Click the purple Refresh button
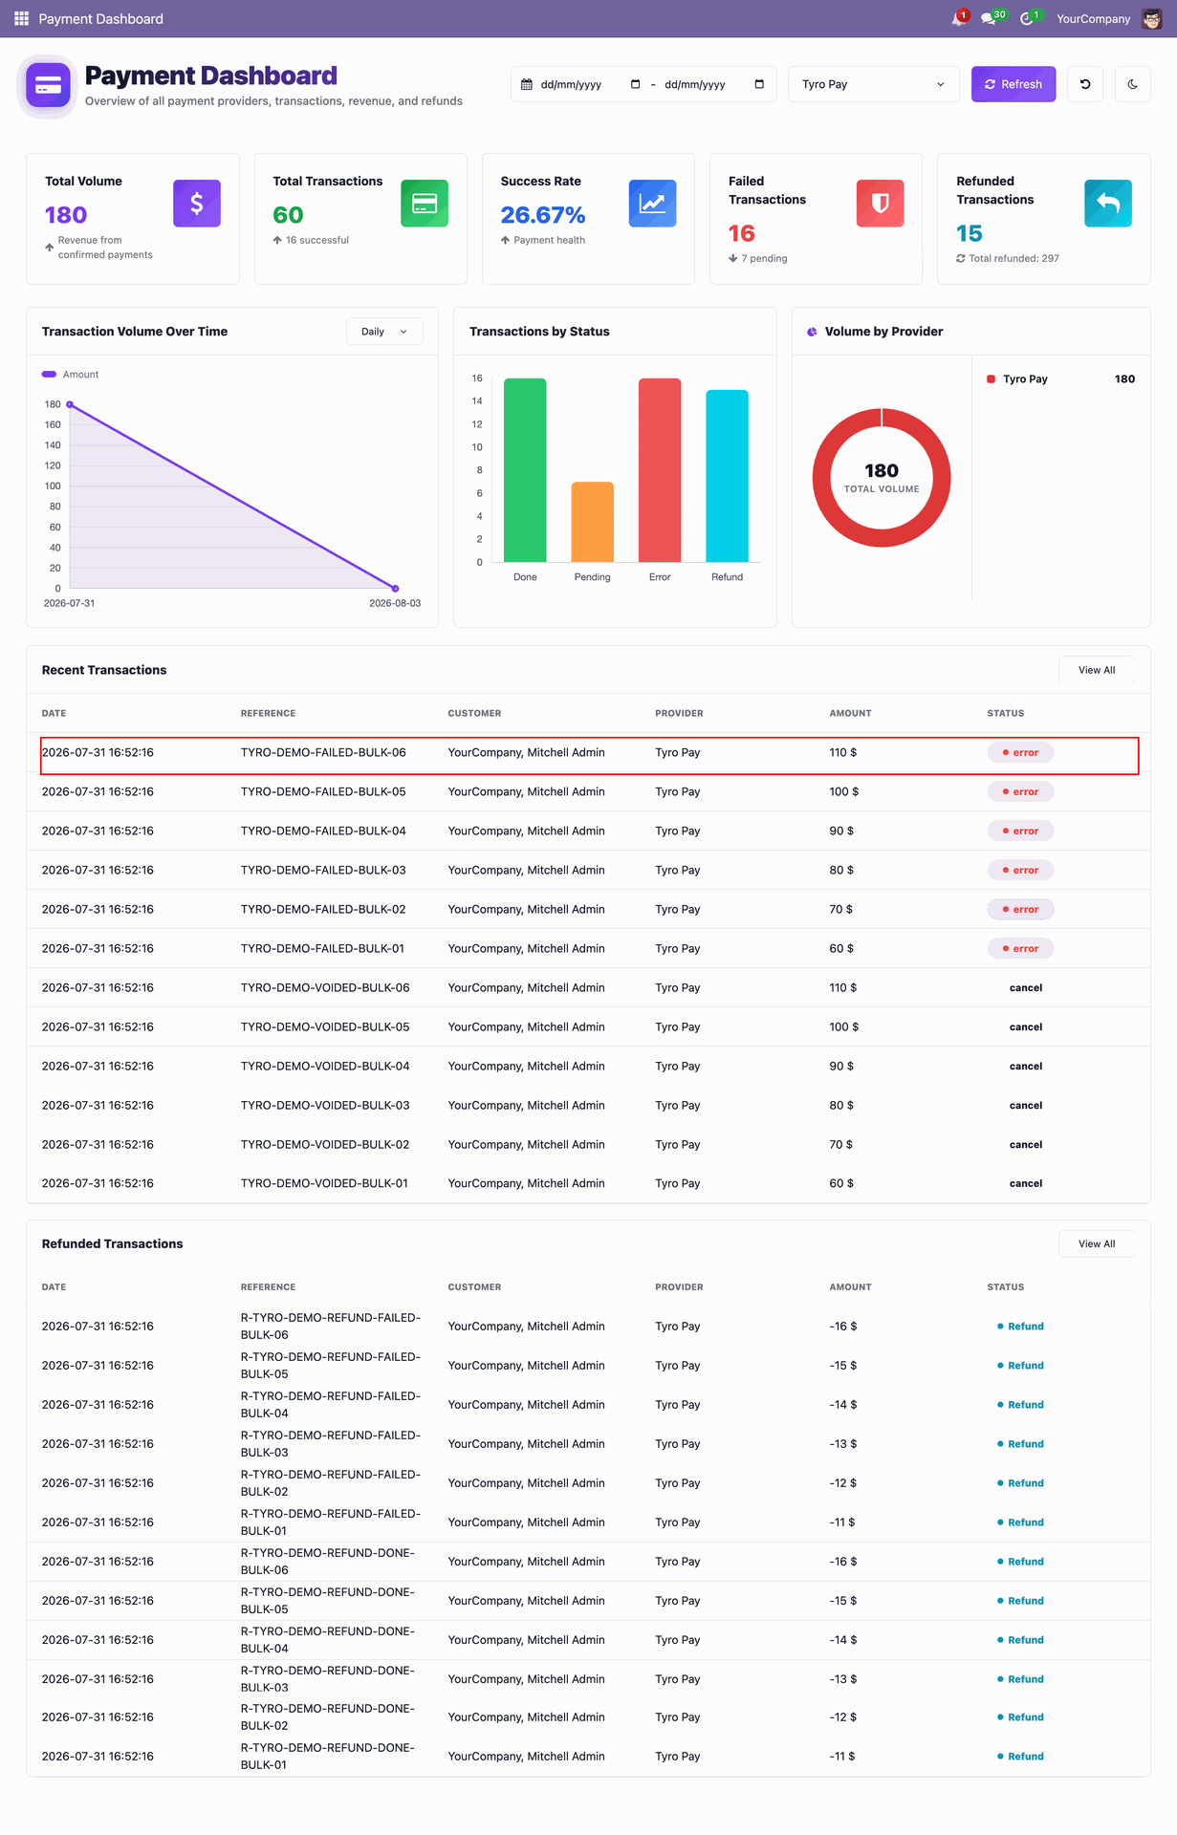click(x=1014, y=84)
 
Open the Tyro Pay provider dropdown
click(x=873, y=84)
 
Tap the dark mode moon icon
click(x=1132, y=84)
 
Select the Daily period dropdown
click(x=384, y=332)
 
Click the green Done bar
click(x=525, y=470)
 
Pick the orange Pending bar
click(x=593, y=522)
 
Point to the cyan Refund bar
click(x=727, y=476)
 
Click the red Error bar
click(x=660, y=470)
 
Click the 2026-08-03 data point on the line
click(x=396, y=589)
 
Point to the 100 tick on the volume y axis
click(x=53, y=486)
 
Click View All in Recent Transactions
click(x=1097, y=670)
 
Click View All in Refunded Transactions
click(x=1097, y=1243)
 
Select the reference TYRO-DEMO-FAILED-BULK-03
click(x=323, y=870)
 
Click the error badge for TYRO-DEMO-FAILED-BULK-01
click(x=1020, y=948)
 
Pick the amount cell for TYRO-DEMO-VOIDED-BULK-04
click(x=841, y=1066)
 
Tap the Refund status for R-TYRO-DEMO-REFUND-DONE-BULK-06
click(x=1020, y=1562)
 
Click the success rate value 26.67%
click(x=543, y=215)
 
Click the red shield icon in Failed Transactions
click(x=880, y=204)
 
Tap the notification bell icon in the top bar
click(x=959, y=18)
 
